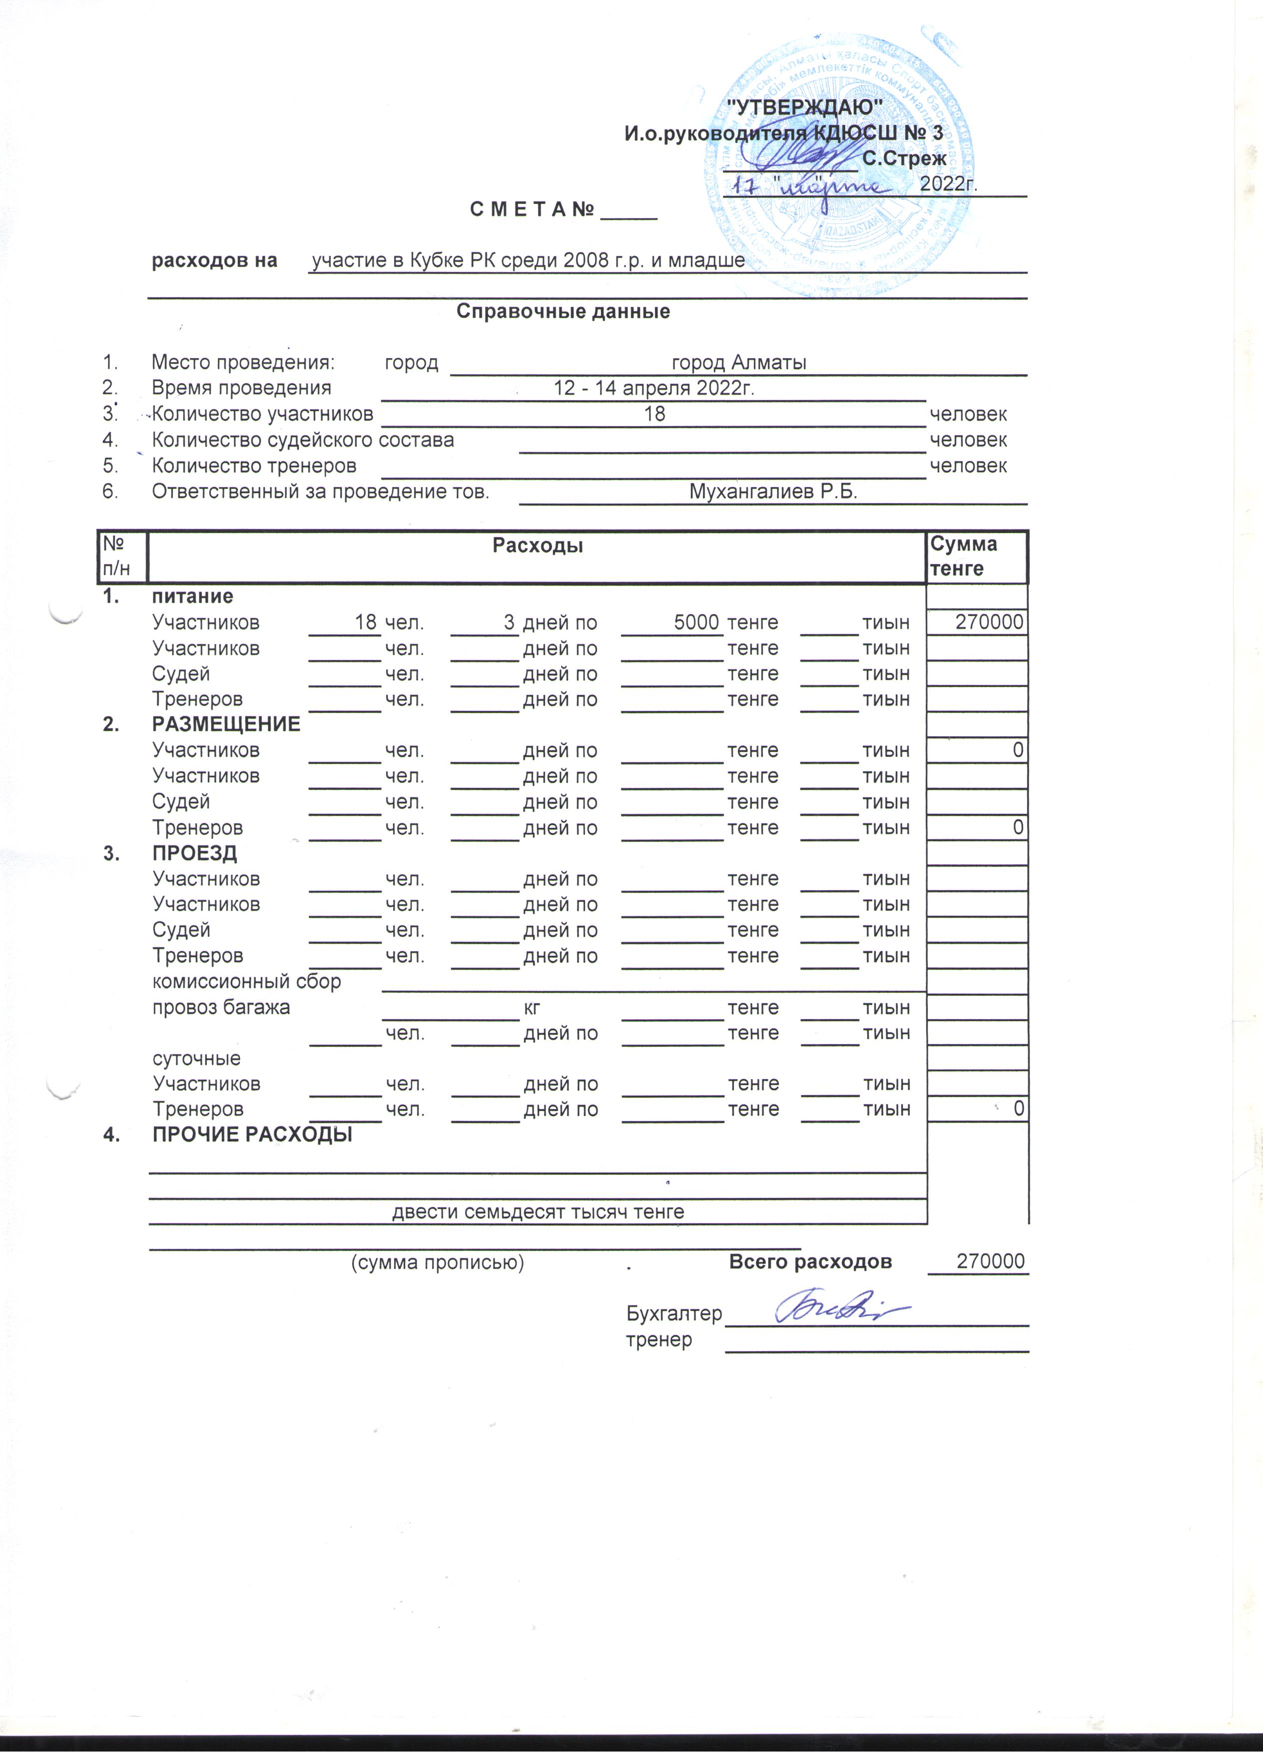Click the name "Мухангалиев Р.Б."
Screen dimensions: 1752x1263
click(x=773, y=491)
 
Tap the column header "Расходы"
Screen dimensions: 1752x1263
click(x=538, y=546)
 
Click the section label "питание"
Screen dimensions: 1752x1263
click(x=192, y=596)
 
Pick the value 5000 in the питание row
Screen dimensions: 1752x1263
click(x=697, y=622)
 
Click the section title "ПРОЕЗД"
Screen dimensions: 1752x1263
click(x=195, y=854)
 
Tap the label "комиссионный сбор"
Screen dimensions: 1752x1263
click(x=246, y=981)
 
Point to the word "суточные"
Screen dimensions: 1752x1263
click(x=197, y=1058)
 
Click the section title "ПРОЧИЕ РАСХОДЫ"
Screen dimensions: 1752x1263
click(x=252, y=1135)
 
